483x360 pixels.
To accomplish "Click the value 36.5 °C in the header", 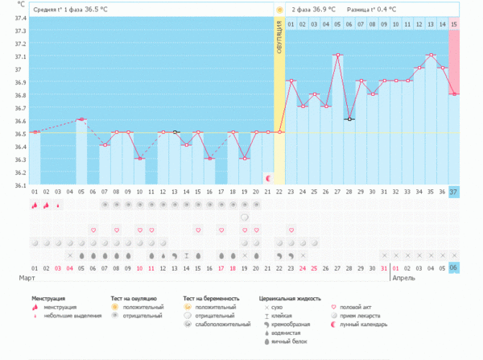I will pos(97,10).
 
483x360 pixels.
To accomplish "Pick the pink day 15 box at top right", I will pos(454,25).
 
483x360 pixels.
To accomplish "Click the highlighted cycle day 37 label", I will pos(454,191).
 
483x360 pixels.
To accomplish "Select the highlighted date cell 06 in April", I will pos(454,267).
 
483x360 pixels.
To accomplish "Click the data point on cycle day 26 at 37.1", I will pos(338,55).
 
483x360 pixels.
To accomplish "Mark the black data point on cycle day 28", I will pos(349,119).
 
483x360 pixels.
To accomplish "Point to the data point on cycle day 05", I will pos(81,119).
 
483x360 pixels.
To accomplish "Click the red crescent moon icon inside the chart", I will pos(268,176).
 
